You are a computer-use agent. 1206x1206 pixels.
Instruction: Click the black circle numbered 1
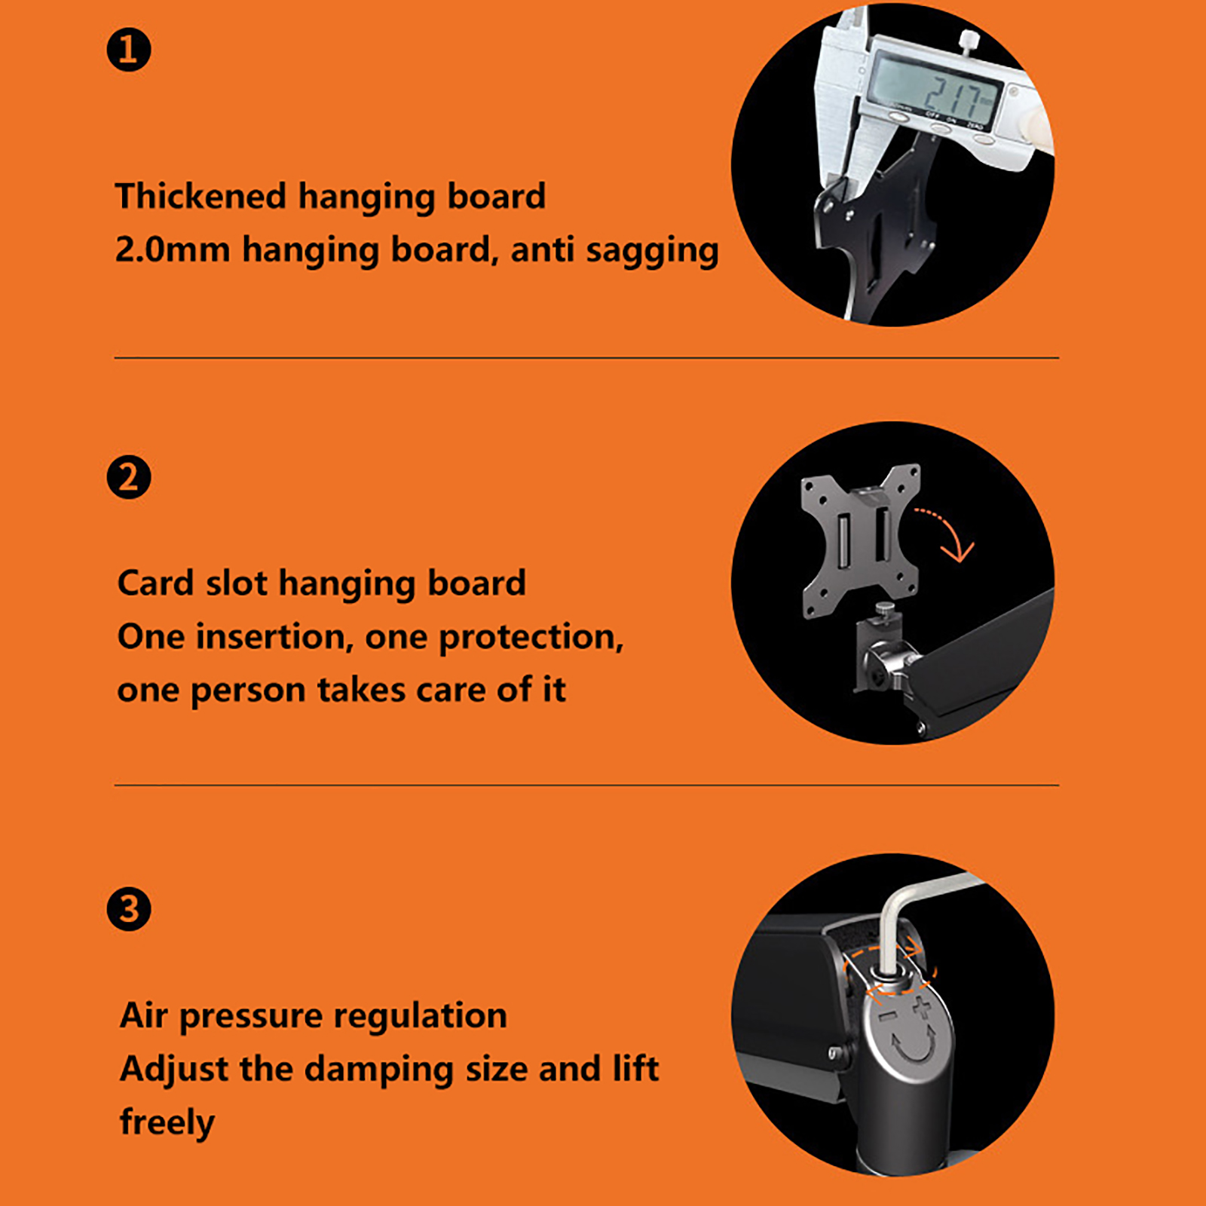129,50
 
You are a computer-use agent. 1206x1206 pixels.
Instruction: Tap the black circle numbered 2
129,477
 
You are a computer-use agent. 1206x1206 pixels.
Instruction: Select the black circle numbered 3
129,908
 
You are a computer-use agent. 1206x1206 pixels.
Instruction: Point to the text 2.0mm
172,249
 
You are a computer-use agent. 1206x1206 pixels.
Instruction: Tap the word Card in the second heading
155,583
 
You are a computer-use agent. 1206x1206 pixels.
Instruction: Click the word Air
144,1015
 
